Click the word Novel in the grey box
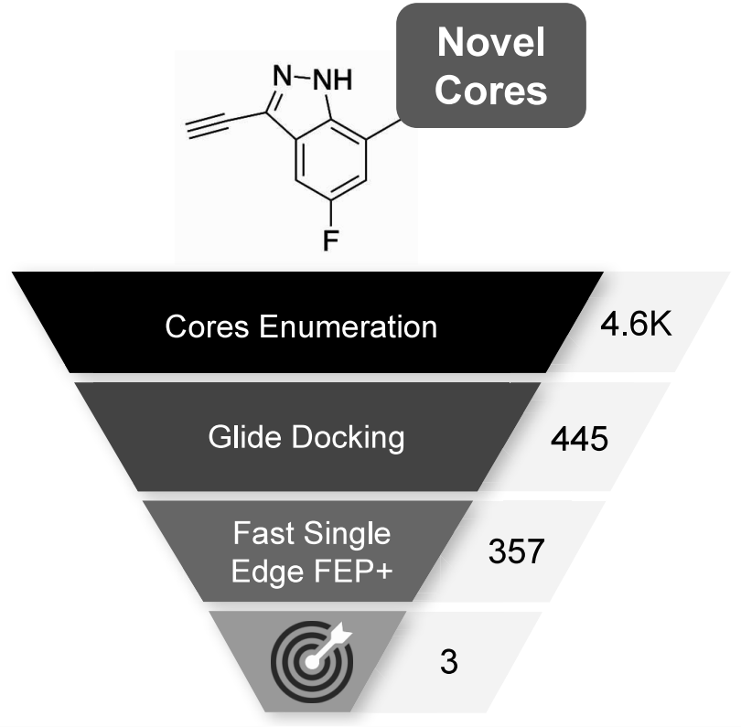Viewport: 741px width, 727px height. tap(491, 42)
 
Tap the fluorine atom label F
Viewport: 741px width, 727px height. tap(330, 240)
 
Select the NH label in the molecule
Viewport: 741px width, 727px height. tap(333, 80)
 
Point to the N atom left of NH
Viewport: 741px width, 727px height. tap(283, 76)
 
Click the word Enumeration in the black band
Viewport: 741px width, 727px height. tap(349, 326)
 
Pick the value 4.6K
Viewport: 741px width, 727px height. tap(636, 325)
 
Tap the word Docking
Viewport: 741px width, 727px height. tap(348, 438)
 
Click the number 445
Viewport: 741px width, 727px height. tap(579, 439)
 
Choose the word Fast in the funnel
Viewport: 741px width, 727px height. tap(264, 533)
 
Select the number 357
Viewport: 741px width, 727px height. tap(516, 551)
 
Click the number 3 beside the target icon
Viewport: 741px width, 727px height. tap(449, 662)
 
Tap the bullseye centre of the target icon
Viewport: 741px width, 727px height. tap(311, 662)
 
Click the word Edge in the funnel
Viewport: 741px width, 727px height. tap(267, 572)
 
